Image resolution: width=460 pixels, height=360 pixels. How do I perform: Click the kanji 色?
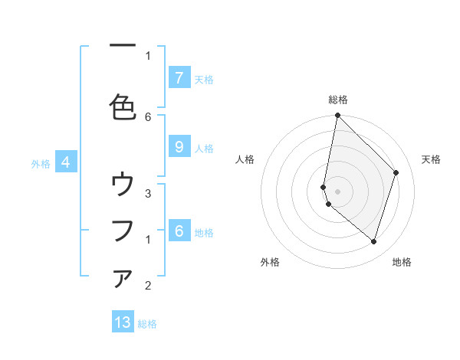pos(123,106)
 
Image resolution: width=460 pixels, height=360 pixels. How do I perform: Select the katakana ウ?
pos(123,185)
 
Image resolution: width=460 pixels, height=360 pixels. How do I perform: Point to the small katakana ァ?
pos(123,280)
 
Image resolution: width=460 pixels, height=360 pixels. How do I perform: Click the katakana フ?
pos(123,231)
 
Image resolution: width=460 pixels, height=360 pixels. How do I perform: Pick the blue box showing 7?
pos(179,77)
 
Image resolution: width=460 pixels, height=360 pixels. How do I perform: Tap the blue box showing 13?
pos(123,322)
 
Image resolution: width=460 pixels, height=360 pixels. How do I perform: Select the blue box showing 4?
pos(66,162)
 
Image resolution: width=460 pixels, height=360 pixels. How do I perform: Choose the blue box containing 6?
pos(179,231)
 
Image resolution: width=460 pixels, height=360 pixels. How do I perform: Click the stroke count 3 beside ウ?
pos(148,193)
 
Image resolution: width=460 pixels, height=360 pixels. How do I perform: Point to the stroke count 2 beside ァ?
pos(148,286)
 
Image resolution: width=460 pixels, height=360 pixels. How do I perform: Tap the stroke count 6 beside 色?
pos(148,116)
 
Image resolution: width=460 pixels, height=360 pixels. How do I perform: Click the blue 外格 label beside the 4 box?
pos(41,163)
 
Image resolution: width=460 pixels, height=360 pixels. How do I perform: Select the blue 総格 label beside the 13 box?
pos(147,324)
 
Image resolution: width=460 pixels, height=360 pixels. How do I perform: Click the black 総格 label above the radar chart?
pos(338,100)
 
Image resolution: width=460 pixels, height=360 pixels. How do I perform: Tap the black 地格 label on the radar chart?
pos(402,262)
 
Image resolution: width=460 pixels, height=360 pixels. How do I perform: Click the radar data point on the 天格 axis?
pos(396,172)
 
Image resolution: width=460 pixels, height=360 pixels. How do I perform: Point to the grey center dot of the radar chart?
pos(338,191)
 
